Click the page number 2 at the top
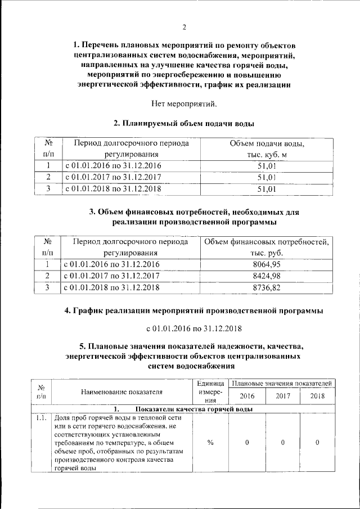[184, 27]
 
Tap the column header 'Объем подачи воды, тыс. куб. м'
[267, 149]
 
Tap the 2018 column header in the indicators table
[317, 396]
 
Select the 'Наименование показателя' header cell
[121, 392]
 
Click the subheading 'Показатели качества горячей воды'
[191, 409]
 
